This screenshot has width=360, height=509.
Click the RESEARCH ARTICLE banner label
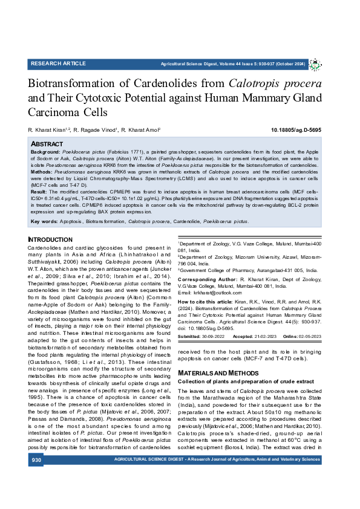coord(58,63)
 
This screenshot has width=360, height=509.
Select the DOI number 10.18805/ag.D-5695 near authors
coord(296,130)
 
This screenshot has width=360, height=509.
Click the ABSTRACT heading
coord(47,144)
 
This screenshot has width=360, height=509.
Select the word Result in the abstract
coord(39,191)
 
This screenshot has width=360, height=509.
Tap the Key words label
coord(44,222)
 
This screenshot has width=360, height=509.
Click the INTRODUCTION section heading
coord(50,240)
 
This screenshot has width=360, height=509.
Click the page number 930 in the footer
coord(36,461)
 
